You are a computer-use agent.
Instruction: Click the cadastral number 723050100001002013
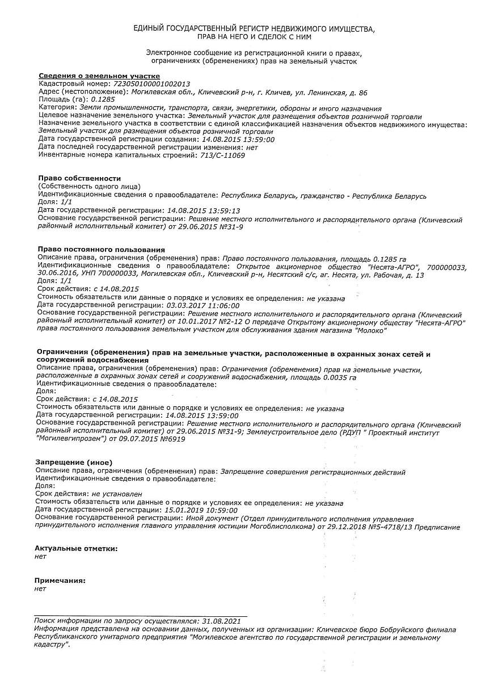click(152, 83)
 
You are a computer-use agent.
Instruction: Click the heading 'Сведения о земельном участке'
click(99, 76)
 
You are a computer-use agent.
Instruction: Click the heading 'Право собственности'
click(79, 178)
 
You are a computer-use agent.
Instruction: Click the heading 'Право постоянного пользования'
click(101, 249)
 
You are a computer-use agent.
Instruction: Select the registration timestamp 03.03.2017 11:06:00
click(201, 305)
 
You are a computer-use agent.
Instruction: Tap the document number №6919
click(172, 439)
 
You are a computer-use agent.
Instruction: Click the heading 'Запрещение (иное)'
click(74, 463)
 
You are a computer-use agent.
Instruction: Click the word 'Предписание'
click(438, 527)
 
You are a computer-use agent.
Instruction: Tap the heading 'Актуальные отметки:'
click(76, 549)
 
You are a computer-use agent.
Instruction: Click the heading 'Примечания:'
click(60, 581)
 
